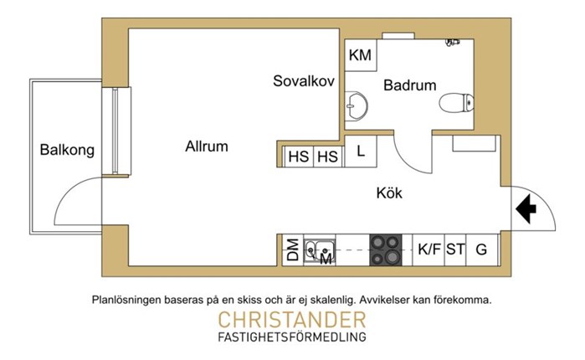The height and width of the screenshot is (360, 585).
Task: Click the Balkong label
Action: [x=67, y=150]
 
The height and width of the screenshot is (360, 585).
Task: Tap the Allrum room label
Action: [x=207, y=147]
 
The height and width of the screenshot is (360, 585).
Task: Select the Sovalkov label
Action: [x=304, y=81]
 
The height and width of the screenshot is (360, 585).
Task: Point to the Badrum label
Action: [x=409, y=85]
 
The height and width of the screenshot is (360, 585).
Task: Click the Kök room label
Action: [x=389, y=193]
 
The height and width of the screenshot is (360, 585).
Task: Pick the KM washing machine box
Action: [x=361, y=55]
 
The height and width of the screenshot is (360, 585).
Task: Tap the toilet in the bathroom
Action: [x=457, y=103]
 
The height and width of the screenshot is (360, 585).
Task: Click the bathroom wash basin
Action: [x=356, y=106]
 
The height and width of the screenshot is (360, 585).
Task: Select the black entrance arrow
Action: [x=526, y=209]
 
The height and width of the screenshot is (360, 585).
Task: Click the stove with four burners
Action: [x=386, y=250]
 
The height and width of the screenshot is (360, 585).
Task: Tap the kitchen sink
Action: [x=320, y=250]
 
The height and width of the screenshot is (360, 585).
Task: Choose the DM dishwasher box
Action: [x=293, y=250]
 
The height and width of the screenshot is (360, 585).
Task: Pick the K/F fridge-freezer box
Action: [x=428, y=250]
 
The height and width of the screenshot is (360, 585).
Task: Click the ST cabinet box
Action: [x=455, y=250]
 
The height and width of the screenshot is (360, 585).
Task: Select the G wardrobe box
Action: [x=482, y=250]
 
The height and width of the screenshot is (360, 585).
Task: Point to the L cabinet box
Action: [x=361, y=151]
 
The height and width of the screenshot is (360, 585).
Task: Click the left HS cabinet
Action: [x=299, y=157]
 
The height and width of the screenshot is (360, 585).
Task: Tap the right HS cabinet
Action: [x=328, y=157]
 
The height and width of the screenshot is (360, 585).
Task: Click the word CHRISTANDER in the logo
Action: [x=292, y=320]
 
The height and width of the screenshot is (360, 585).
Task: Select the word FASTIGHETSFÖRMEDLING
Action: [x=292, y=337]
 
